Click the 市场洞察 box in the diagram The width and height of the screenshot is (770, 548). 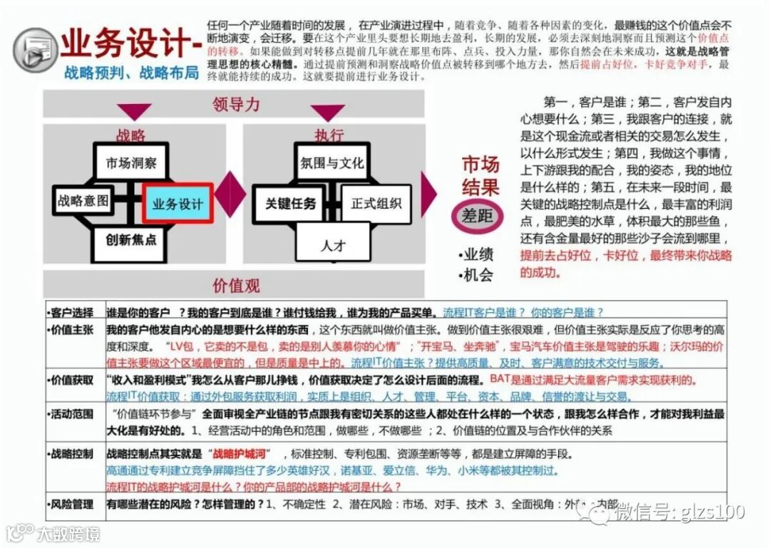[131, 163]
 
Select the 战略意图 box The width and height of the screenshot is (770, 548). [83, 202]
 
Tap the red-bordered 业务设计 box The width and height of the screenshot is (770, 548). [178, 204]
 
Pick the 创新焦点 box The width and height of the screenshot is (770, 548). [131, 240]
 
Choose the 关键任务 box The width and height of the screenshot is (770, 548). [290, 204]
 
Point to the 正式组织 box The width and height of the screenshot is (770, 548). [376, 204]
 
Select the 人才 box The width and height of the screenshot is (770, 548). [332, 245]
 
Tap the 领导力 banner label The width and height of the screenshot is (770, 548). [236, 105]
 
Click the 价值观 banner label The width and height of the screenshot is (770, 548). [236, 285]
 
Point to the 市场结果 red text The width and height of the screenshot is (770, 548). [480, 176]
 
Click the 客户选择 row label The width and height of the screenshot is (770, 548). [71, 312]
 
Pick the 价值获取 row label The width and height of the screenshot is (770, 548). [71, 379]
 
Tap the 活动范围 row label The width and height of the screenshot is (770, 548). [71, 413]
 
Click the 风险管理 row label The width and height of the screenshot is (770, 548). [71, 504]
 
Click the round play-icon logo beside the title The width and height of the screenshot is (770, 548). [35, 50]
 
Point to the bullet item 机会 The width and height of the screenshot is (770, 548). [478, 274]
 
